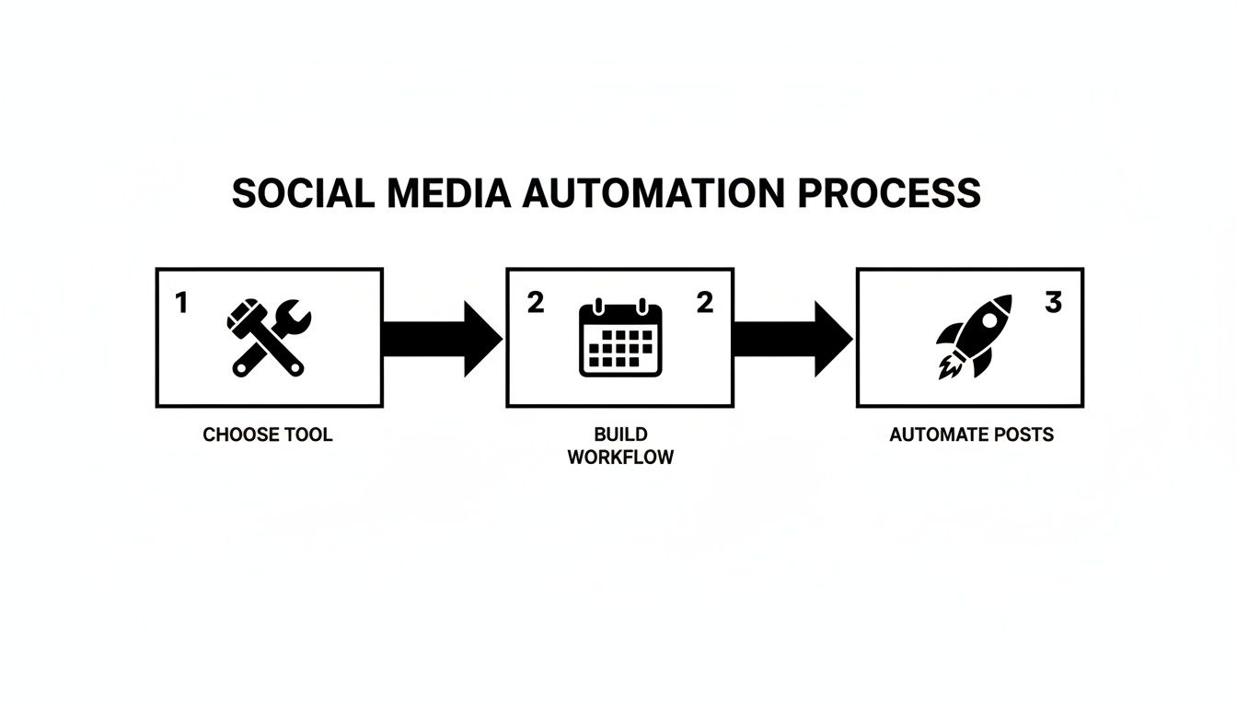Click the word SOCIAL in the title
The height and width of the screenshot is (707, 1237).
point(302,193)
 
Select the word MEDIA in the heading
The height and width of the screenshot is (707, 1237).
point(448,193)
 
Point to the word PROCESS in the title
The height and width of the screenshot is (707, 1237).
point(889,193)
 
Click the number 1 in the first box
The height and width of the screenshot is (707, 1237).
point(181,303)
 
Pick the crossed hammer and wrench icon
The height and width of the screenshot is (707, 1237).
point(268,338)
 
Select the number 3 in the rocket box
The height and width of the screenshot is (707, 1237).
point(1054,303)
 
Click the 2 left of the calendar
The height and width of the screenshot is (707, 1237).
point(535,303)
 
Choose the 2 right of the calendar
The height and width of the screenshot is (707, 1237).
point(704,303)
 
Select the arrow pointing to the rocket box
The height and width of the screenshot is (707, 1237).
point(792,339)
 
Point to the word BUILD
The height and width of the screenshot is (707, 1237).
point(620,435)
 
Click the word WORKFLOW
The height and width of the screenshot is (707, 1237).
point(620,458)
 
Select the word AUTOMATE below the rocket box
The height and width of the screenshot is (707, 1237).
point(937,435)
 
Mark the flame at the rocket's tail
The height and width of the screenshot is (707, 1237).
point(947,369)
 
